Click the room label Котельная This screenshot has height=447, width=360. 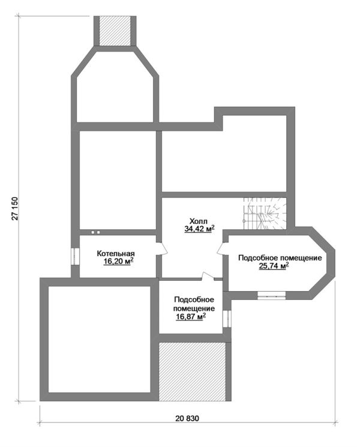[x=116, y=253]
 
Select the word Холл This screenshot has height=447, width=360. [x=199, y=221]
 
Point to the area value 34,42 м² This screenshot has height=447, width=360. [x=200, y=229]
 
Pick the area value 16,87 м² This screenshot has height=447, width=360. [x=191, y=316]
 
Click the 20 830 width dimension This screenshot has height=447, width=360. [x=187, y=418]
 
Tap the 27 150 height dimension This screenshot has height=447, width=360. [x=15, y=208]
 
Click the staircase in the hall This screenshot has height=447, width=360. [x=265, y=214]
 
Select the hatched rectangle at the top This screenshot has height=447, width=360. [x=115, y=31]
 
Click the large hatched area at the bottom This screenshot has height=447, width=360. [x=192, y=371]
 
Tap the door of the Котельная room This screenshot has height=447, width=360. [x=161, y=248]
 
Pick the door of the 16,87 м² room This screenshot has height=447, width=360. [x=208, y=276]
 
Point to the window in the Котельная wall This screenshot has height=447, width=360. [x=75, y=256]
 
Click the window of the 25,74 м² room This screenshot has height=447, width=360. [x=271, y=296]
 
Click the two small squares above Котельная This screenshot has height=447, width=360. [x=95, y=232]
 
